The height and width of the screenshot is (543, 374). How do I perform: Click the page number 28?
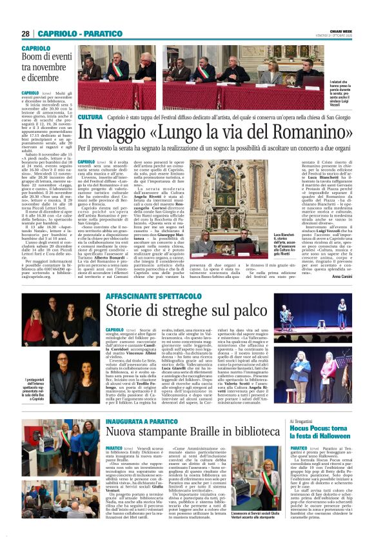coord(26,34)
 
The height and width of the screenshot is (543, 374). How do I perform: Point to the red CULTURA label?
coord(90,117)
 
